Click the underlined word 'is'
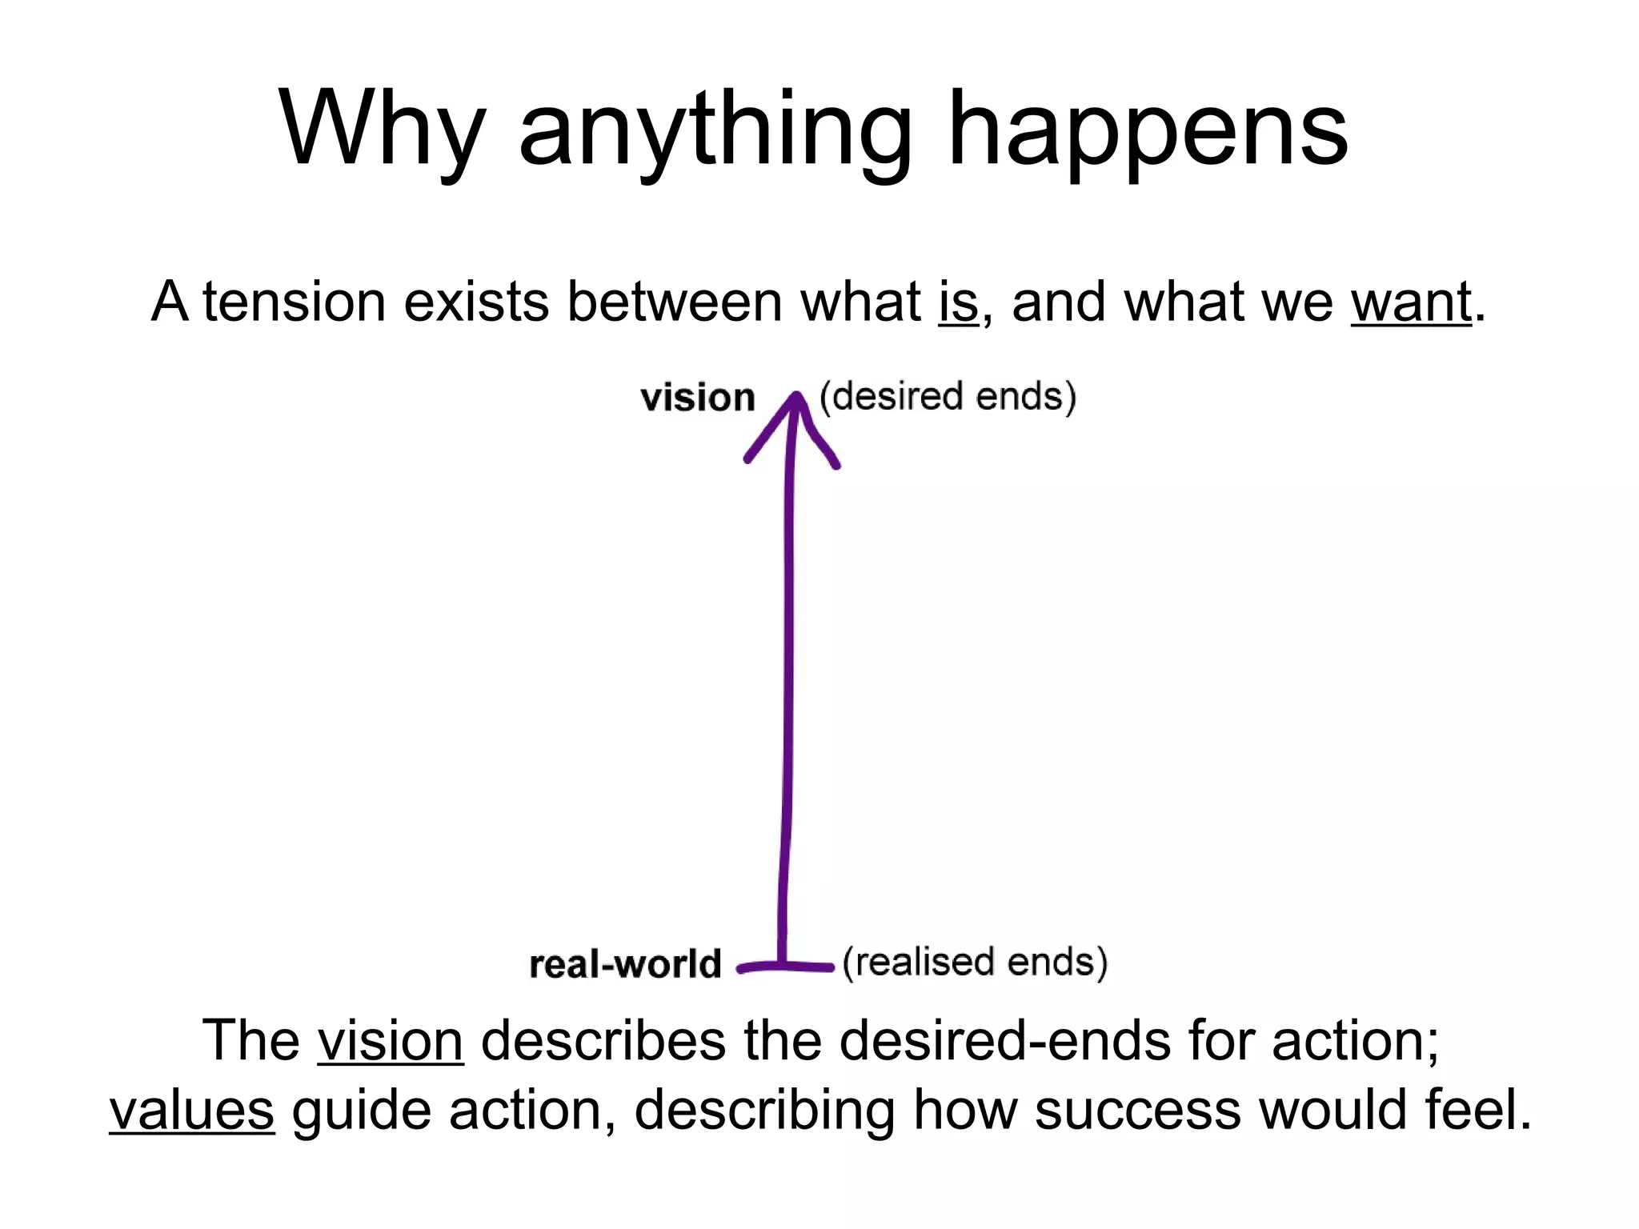coord(958,302)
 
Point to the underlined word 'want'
coord(1411,302)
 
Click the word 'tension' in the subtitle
coord(294,302)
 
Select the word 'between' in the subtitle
coord(674,302)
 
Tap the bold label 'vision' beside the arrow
coord(698,398)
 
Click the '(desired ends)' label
coord(948,396)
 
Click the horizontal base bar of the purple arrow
coord(785,967)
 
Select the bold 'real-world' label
coord(625,964)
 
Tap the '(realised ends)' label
coord(975,962)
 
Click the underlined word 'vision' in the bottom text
coord(391,1041)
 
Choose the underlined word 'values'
coord(192,1111)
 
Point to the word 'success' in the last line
coord(1137,1111)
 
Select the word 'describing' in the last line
coord(764,1111)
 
